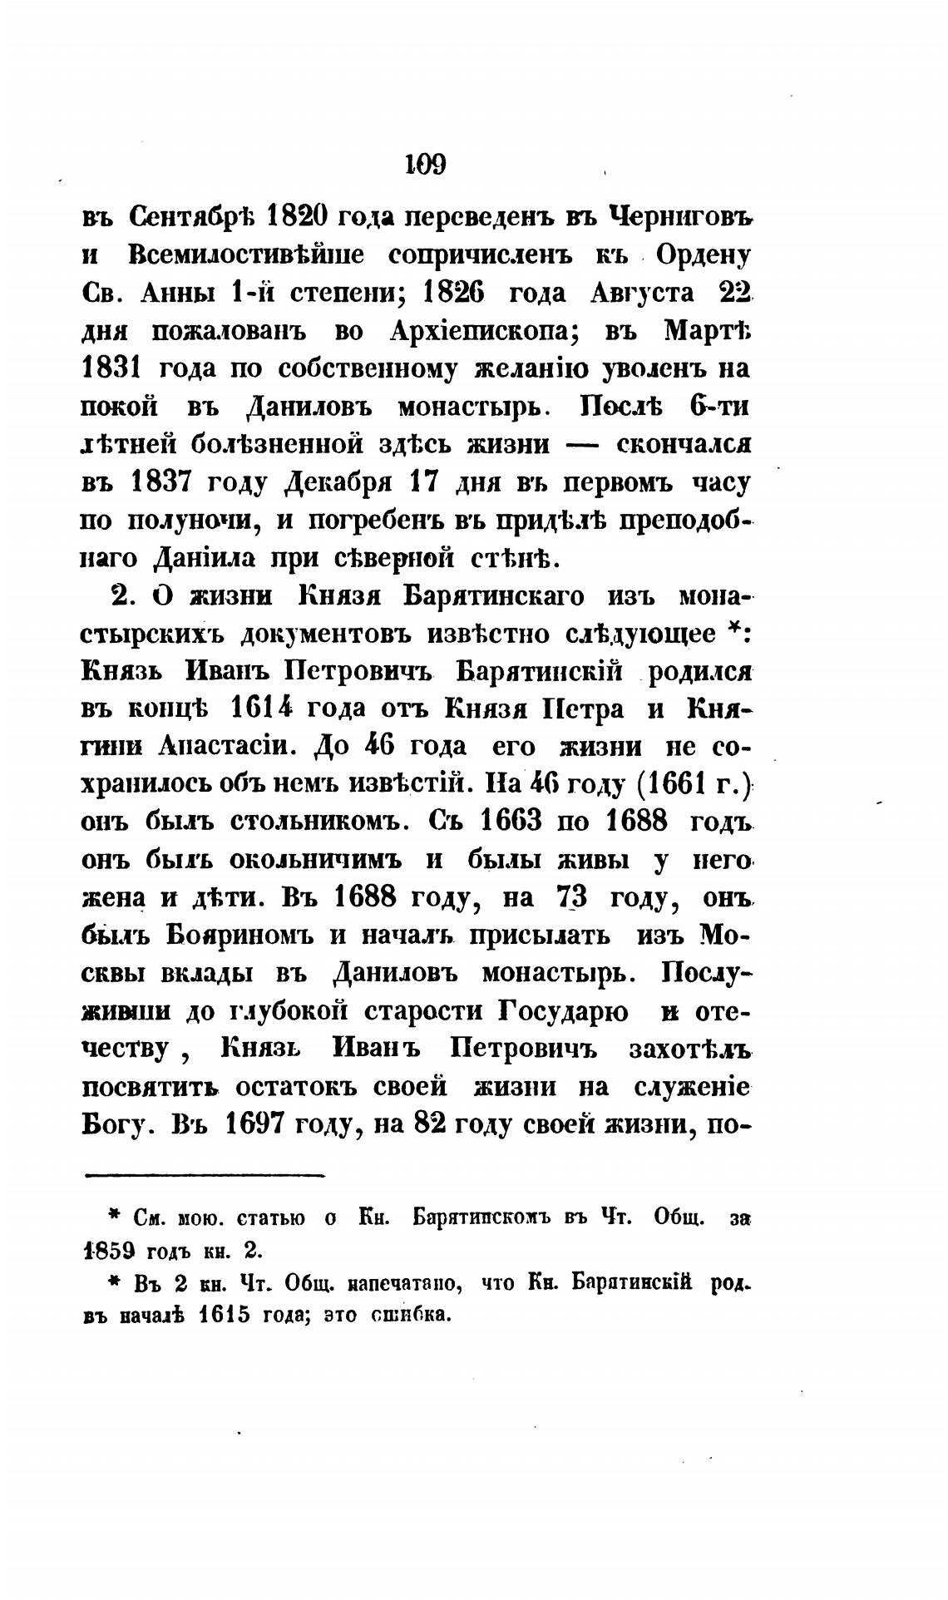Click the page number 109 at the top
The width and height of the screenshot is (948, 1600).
coord(426,164)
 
